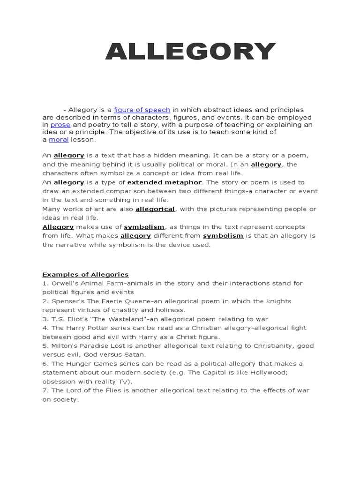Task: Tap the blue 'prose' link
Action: (60, 125)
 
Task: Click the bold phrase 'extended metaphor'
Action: (165, 182)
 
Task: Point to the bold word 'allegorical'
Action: (155, 209)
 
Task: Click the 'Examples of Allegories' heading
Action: (85, 275)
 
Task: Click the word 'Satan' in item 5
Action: (135, 355)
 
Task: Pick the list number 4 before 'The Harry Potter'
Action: (45, 328)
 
